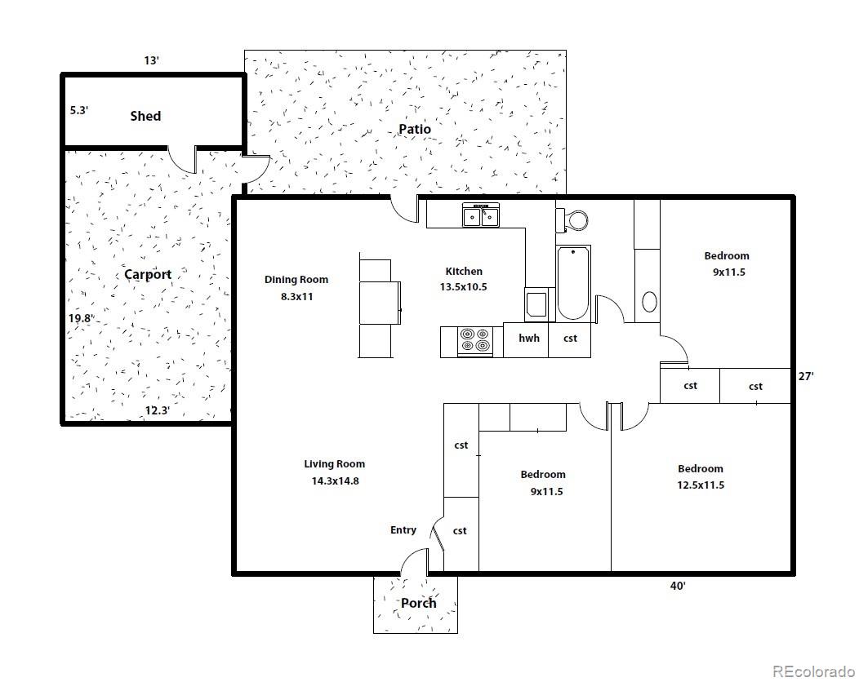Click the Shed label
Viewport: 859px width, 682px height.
click(x=145, y=116)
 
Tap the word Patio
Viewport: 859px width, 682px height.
click(x=415, y=129)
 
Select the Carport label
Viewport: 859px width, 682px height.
click(x=148, y=274)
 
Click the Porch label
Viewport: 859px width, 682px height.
click(x=419, y=603)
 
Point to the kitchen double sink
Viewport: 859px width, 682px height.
click(x=481, y=215)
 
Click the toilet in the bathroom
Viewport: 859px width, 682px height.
click(x=572, y=220)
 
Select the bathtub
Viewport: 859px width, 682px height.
click(x=573, y=283)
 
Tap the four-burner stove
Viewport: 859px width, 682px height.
click(x=474, y=341)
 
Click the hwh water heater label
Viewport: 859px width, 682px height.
click(x=529, y=339)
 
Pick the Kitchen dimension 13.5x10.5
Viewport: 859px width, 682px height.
click(x=464, y=287)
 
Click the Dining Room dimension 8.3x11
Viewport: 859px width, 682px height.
click(x=297, y=297)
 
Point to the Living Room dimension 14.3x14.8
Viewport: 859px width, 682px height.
click(x=336, y=481)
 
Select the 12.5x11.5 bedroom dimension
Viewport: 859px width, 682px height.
click(x=701, y=485)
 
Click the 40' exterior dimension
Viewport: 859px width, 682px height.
click(x=678, y=587)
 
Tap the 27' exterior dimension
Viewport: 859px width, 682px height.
click(x=806, y=376)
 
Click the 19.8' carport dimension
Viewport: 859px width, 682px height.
click(x=81, y=318)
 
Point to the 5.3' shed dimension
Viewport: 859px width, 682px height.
click(x=79, y=110)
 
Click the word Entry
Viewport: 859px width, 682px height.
click(x=403, y=529)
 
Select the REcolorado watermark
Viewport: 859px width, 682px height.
click(x=813, y=671)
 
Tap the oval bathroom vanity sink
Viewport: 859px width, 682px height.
click(x=649, y=302)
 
